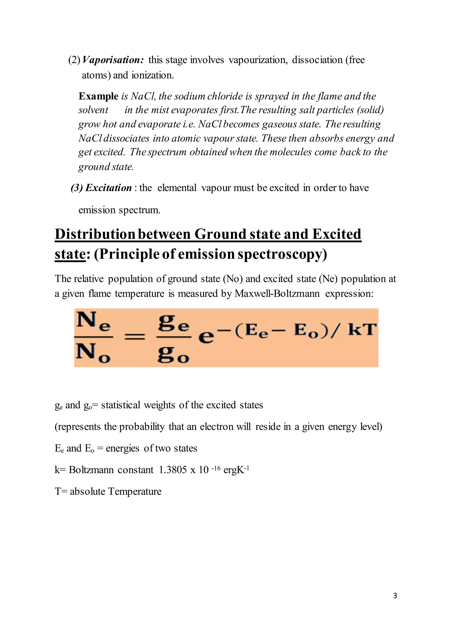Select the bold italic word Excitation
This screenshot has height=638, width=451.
tap(108, 188)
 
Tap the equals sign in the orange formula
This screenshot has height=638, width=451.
tap(134, 337)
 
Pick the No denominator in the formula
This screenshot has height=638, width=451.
tap(93, 353)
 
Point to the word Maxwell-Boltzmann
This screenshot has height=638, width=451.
tap(277, 294)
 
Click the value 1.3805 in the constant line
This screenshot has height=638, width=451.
tap(173, 470)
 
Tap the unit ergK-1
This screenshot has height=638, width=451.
tap(236, 470)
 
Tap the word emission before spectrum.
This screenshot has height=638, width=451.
tap(97, 210)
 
